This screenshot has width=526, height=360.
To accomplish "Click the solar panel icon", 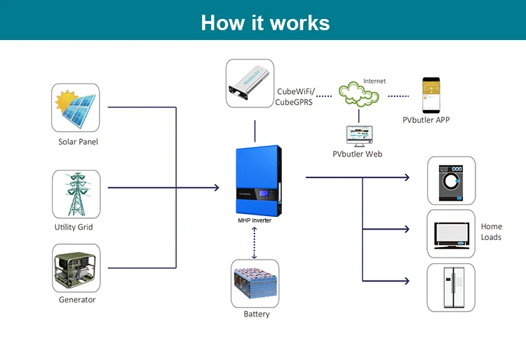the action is (x=76, y=107).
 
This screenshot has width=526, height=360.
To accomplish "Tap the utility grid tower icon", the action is (x=77, y=194).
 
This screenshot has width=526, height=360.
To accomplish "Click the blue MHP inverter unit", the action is (x=258, y=180).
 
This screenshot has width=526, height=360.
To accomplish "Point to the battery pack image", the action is (x=255, y=283).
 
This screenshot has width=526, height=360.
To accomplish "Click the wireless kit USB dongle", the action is (x=249, y=83).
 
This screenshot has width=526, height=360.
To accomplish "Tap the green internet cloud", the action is (x=358, y=93).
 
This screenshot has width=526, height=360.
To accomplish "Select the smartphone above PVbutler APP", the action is (x=431, y=95).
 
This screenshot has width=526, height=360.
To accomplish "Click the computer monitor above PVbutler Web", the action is (x=360, y=136).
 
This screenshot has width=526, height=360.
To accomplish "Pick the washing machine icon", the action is (x=451, y=183).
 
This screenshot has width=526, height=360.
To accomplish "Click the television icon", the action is (x=452, y=235).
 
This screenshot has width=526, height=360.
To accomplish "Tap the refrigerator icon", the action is (x=454, y=287).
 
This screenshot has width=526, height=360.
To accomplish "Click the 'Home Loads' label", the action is (x=492, y=232).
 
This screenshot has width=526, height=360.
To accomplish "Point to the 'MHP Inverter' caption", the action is (x=255, y=220).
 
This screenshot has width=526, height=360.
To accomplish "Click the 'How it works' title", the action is (x=265, y=23).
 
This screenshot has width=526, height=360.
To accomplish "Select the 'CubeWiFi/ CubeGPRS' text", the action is (x=295, y=97).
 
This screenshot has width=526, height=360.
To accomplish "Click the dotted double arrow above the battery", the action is (x=255, y=243).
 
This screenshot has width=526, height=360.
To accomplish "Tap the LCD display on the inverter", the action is (x=264, y=194).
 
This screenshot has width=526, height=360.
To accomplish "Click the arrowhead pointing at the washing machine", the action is (x=407, y=177).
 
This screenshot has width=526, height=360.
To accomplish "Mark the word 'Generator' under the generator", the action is (x=77, y=300).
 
